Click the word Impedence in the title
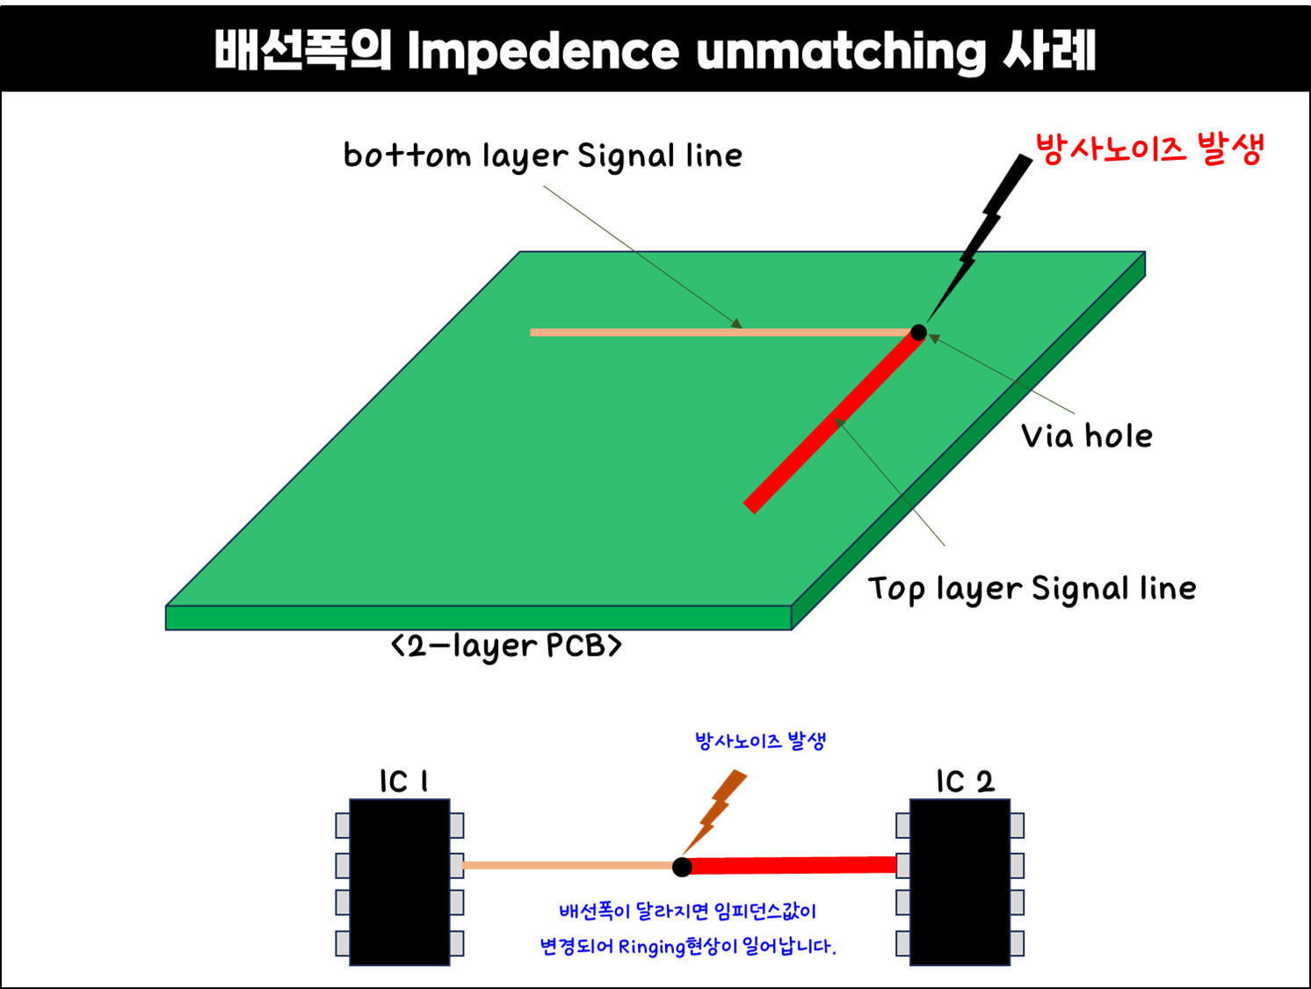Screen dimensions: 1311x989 click(x=543, y=51)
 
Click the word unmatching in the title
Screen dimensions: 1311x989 click(x=841, y=51)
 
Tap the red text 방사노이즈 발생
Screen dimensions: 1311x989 click(x=1149, y=149)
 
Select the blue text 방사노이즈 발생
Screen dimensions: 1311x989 click(x=760, y=740)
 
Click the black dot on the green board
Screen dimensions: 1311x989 click(x=918, y=332)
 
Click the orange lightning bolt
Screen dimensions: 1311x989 click(x=718, y=809)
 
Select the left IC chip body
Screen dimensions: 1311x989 click(x=400, y=882)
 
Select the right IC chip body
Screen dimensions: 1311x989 click(x=960, y=882)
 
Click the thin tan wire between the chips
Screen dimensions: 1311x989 click(x=567, y=865)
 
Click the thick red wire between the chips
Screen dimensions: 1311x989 click(x=791, y=865)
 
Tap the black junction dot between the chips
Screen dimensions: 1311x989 click(x=681, y=866)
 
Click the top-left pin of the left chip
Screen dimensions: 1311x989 click(x=343, y=825)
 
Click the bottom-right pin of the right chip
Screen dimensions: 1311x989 click(x=1017, y=943)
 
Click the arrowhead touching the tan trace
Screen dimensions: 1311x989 click(x=737, y=324)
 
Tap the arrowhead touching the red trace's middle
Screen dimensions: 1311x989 click(x=840, y=423)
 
